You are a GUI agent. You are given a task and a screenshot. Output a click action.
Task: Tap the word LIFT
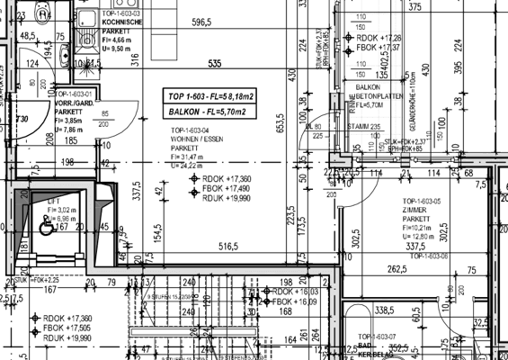[x=52, y=203]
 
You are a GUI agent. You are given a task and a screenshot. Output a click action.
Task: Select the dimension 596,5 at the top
[x=201, y=22]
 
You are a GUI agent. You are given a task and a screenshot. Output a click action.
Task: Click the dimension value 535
[x=214, y=64]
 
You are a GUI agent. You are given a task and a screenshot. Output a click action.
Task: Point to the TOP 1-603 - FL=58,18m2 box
[x=205, y=94]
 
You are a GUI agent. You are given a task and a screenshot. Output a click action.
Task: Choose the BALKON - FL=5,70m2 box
[x=205, y=111]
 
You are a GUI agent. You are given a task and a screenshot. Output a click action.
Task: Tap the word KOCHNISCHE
[x=119, y=23]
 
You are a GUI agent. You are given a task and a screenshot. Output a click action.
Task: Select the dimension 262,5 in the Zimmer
[x=397, y=267]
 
